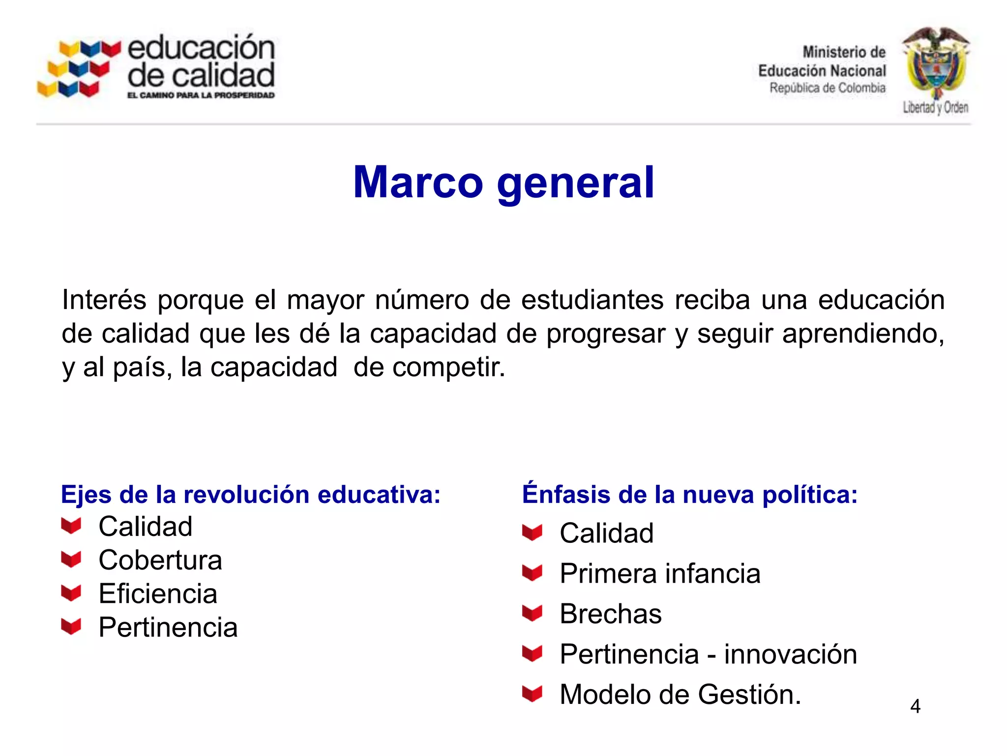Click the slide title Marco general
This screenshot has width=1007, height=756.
click(x=503, y=182)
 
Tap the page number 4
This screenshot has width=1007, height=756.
click(x=915, y=706)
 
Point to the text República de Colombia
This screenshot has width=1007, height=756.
click(x=827, y=88)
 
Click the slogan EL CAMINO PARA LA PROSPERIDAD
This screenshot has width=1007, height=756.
click(x=201, y=95)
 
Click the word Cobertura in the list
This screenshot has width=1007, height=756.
click(x=160, y=560)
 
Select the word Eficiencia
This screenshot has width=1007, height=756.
click(x=158, y=594)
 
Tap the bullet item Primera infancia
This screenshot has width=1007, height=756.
click(x=660, y=573)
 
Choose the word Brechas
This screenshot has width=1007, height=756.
click(x=611, y=614)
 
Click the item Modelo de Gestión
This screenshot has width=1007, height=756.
click(x=681, y=694)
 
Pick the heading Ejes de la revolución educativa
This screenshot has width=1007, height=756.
click(x=251, y=495)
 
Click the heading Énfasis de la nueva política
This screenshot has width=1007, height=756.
click(x=690, y=495)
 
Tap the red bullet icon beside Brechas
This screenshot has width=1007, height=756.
click(x=532, y=613)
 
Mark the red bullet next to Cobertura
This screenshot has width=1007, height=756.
click(x=71, y=559)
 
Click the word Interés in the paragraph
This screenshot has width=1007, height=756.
click(x=104, y=300)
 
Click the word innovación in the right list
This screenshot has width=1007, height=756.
click(x=790, y=654)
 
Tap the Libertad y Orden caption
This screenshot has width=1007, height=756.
click(x=935, y=107)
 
